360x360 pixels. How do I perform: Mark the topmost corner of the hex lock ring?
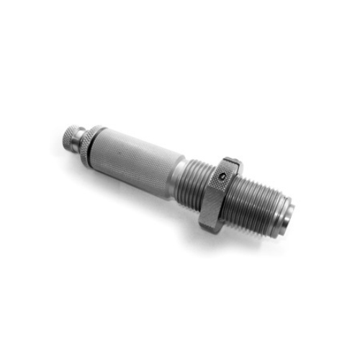(233, 158)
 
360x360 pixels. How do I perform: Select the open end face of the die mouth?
(289, 212)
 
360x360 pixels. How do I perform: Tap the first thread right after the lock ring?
(237, 191)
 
